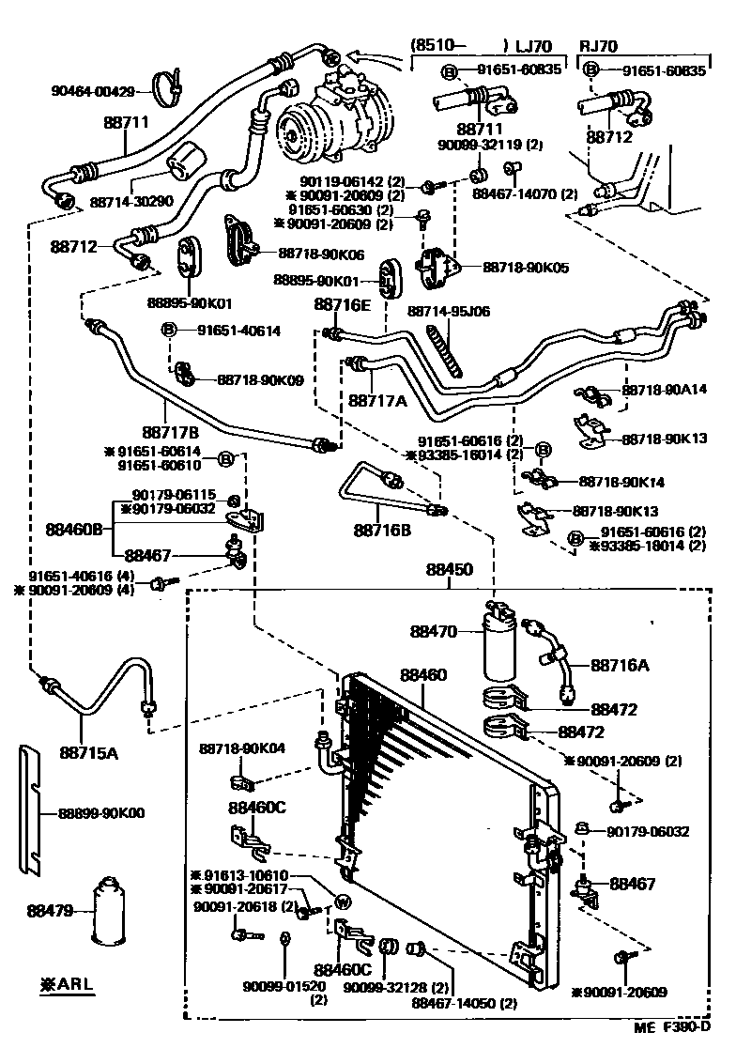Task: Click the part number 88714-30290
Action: pos(131,201)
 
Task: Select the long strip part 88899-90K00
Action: pos(31,809)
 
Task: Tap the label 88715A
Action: pos(84,750)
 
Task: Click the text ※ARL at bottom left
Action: pos(69,984)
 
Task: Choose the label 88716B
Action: pos(382,531)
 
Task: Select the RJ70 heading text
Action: pos(599,45)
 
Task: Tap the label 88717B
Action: pos(170,432)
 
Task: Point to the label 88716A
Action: pos(621,666)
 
